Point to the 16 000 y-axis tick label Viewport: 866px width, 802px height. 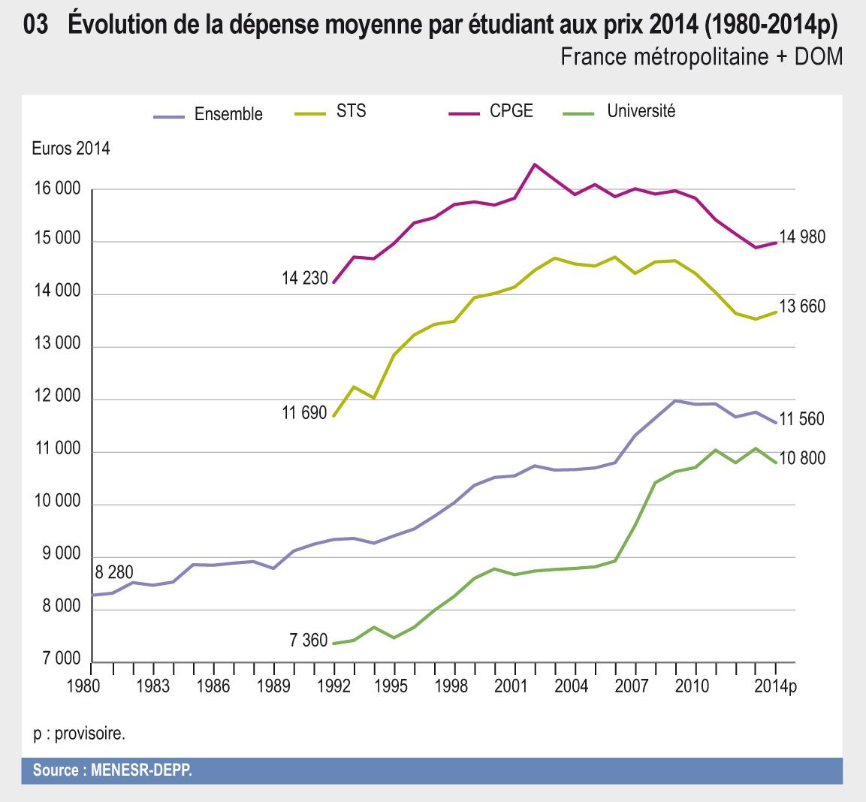pyautogui.click(x=56, y=190)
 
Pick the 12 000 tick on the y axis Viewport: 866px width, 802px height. pyautogui.click(x=56, y=399)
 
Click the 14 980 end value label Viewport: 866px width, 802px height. pyautogui.click(x=802, y=237)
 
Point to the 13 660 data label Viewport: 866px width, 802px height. pyautogui.click(x=802, y=306)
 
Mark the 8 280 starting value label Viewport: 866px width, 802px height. pyautogui.click(x=114, y=573)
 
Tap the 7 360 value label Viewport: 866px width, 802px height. pyautogui.click(x=308, y=641)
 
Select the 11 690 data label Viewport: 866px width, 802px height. pyautogui.click(x=304, y=413)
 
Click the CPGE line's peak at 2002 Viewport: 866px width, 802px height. pyautogui.click(x=534, y=164)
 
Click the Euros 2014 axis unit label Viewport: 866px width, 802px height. pyautogui.click(x=71, y=149)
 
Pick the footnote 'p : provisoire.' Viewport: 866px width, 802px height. pyautogui.click(x=79, y=734)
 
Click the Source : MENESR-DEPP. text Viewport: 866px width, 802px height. pyautogui.click(x=112, y=771)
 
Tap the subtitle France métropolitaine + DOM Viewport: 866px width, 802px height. pyautogui.click(x=701, y=57)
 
